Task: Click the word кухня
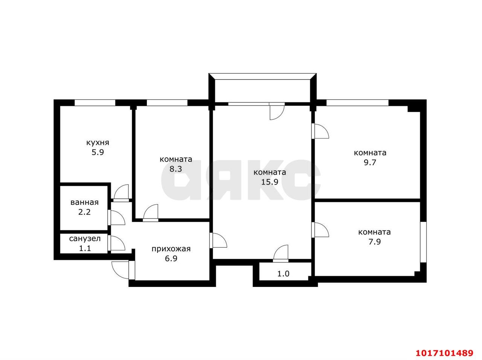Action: click(x=98, y=143)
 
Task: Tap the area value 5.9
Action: click(x=98, y=153)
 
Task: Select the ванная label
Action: click(x=85, y=202)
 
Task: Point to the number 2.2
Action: click(x=85, y=212)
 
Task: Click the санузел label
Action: click(x=85, y=239)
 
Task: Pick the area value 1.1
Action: click(x=85, y=248)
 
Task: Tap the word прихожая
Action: click(x=171, y=249)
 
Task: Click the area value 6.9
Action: click(x=171, y=258)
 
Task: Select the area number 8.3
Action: click(x=176, y=169)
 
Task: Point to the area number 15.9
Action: click(x=270, y=182)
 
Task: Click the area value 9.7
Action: click(x=370, y=162)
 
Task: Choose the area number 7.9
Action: click(x=374, y=242)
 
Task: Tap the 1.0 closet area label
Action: click(x=284, y=274)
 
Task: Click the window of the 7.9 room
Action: click(x=423, y=242)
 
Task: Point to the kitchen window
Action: click(x=95, y=103)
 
